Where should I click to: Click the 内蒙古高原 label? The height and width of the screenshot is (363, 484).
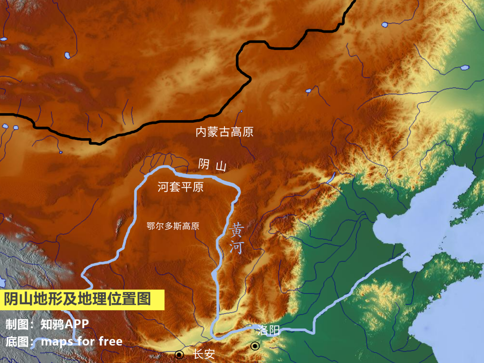[x=225, y=132]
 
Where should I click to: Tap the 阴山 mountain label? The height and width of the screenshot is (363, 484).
[x=212, y=165]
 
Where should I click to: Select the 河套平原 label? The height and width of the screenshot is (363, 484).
[x=181, y=187]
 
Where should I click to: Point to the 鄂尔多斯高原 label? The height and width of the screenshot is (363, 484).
[x=173, y=226]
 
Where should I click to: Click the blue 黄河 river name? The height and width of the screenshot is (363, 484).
[x=236, y=239]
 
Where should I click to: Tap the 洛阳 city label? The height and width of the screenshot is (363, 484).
[x=269, y=331]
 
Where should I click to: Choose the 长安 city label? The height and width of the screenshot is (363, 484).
[x=204, y=354]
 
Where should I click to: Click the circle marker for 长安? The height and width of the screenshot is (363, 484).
[x=179, y=354]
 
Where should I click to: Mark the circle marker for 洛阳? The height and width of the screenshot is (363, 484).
[x=255, y=346]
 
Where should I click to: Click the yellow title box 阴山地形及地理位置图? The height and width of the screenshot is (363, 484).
[x=82, y=299]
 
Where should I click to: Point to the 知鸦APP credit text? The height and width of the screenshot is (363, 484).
[x=65, y=324]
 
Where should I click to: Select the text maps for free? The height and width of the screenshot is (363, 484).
[x=82, y=341]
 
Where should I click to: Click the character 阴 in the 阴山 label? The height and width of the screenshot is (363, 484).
[x=204, y=165]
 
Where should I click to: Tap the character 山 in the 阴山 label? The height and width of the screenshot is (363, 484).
[x=221, y=166]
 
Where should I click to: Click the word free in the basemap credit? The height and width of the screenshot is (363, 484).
[x=111, y=341]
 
